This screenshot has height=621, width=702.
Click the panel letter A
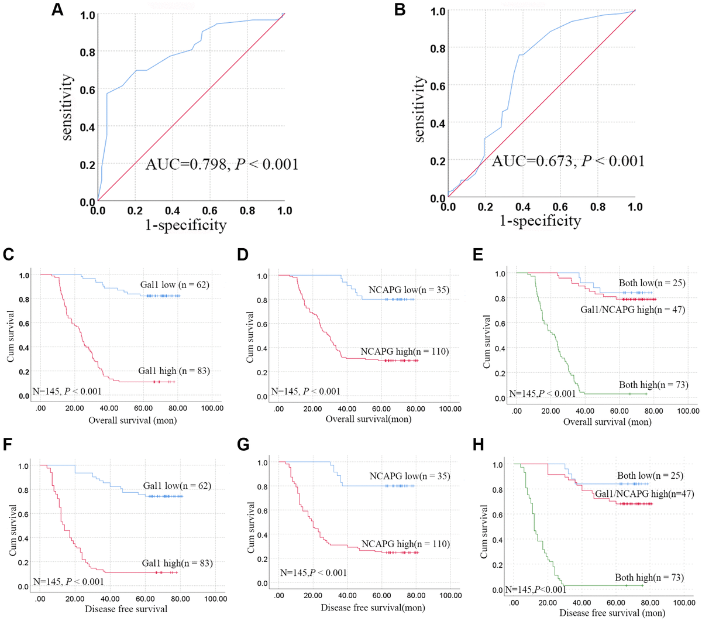(x=57, y=10)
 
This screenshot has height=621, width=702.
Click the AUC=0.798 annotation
(x=222, y=164)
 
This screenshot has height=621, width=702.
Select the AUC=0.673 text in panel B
(x=567, y=161)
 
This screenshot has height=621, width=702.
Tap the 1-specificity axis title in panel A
(x=185, y=225)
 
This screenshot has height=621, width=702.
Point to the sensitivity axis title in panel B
(x=419, y=109)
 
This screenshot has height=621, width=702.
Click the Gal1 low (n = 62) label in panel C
(x=174, y=285)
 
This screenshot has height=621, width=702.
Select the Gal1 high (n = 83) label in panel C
(x=174, y=370)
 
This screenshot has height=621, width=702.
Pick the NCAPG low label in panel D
(x=408, y=290)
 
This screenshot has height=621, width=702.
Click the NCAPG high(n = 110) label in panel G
(x=405, y=544)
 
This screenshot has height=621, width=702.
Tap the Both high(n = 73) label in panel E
(x=653, y=385)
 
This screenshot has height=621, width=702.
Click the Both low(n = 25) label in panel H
(x=650, y=475)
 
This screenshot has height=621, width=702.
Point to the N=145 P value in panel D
(x=305, y=392)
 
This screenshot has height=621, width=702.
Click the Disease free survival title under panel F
(x=126, y=609)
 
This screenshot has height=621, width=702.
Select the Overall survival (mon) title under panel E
(x=607, y=421)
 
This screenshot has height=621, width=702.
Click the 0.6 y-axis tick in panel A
(x=87, y=90)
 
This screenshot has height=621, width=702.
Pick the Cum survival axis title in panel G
(x=250, y=527)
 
